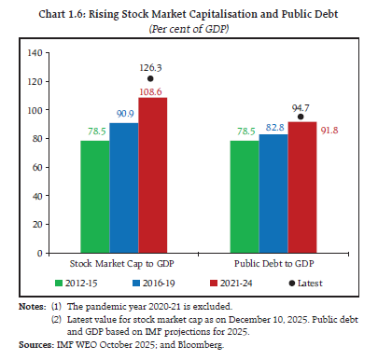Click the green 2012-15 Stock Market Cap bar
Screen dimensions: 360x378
pyautogui.click(x=94, y=197)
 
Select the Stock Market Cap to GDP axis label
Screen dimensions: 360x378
pyautogui.click(x=123, y=264)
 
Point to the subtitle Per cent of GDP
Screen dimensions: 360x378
pyautogui.click(x=189, y=28)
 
